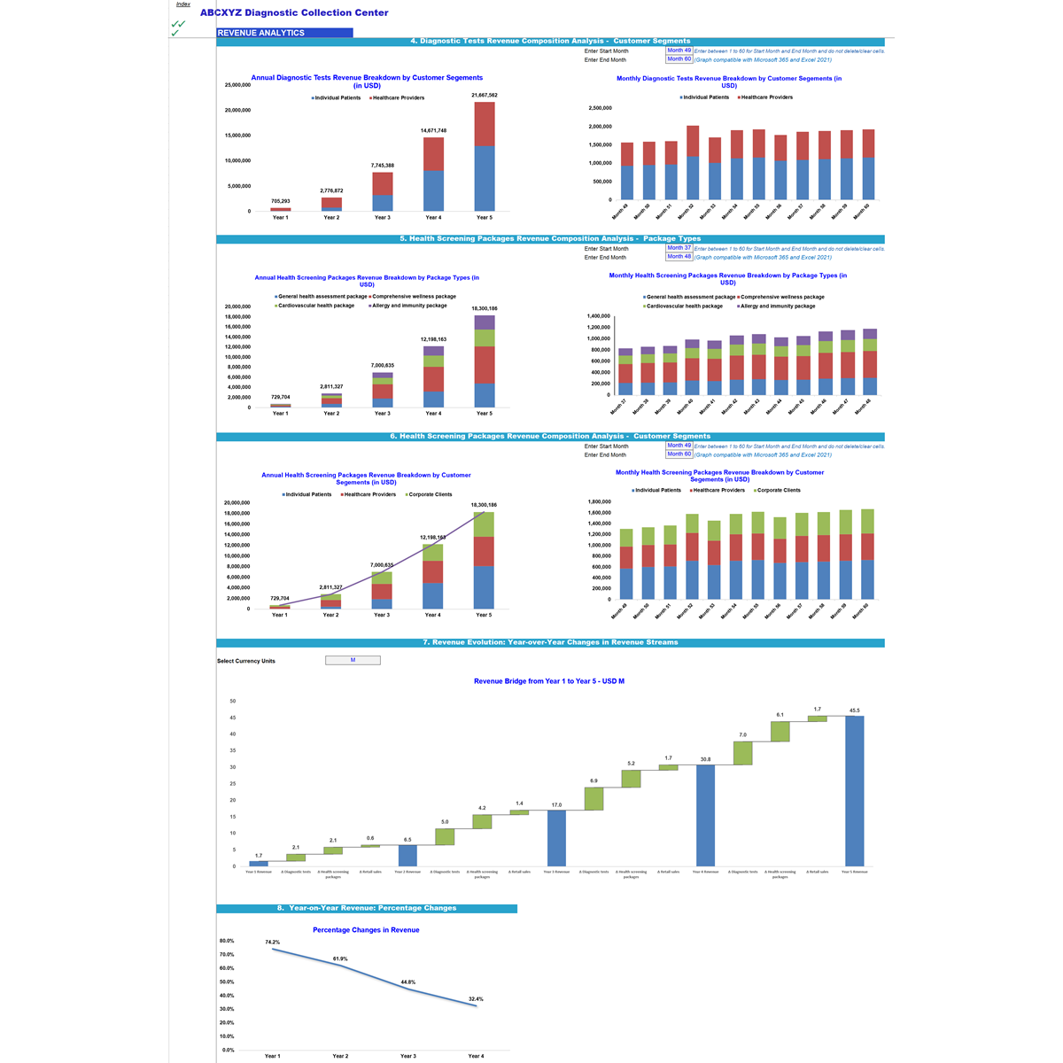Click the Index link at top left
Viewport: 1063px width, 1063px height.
[182, 4]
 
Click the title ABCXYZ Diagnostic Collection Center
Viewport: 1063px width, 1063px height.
[294, 13]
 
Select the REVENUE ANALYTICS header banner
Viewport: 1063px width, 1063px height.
[283, 33]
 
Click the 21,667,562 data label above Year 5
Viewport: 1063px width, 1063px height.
[485, 95]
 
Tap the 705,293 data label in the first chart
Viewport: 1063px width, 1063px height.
[280, 201]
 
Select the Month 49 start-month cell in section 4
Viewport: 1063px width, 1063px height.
[679, 50]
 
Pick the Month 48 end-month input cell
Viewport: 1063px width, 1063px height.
[679, 257]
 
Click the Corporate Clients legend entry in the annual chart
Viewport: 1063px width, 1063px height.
[430, 494]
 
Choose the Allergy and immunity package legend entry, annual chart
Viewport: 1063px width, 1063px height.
[410, 306]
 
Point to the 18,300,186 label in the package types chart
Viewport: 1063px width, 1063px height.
[485, 308]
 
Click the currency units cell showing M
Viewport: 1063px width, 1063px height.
[353, 660]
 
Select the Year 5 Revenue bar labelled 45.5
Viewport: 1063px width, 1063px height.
[854, 790]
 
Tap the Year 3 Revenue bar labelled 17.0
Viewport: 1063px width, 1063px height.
[556, 838]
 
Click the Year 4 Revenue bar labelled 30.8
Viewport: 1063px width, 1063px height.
[705, 815]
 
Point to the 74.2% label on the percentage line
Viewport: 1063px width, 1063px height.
[272, 943]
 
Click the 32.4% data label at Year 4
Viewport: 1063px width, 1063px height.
[476, 999]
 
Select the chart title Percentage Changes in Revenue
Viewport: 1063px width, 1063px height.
[366, 930]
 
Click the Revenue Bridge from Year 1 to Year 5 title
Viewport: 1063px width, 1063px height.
[549, 681]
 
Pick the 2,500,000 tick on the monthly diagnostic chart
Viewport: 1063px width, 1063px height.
[600, 108]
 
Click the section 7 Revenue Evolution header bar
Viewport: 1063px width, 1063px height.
[550, 642]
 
